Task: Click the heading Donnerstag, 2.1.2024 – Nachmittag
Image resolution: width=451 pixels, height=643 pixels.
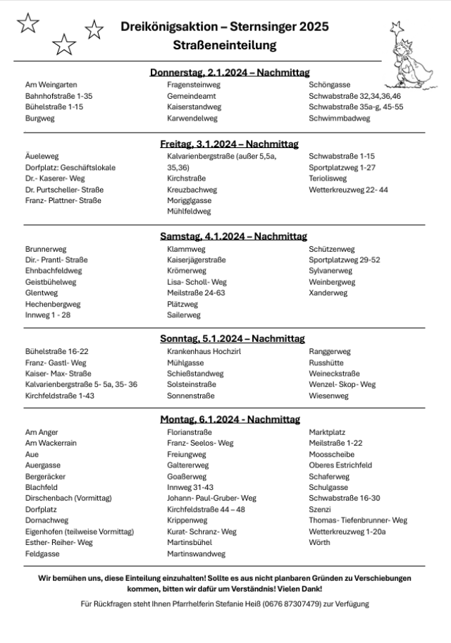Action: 230,72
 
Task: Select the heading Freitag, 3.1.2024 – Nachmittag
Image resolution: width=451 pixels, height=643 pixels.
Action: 230,143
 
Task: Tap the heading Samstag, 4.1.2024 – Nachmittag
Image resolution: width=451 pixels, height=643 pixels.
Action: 230,236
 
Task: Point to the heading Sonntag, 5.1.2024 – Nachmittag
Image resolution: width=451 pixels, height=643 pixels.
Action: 230,338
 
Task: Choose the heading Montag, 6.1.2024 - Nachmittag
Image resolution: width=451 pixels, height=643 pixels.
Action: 230,420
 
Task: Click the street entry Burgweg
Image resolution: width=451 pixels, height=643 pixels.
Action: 39,118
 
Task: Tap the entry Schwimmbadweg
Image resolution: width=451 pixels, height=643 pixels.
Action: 339,118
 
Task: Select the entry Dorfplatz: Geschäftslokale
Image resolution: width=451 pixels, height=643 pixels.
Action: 70,168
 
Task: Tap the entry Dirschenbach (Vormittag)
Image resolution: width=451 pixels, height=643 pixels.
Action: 68,498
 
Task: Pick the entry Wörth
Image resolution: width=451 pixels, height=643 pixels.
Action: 319,542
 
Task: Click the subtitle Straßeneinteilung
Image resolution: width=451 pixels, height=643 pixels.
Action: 224,45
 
